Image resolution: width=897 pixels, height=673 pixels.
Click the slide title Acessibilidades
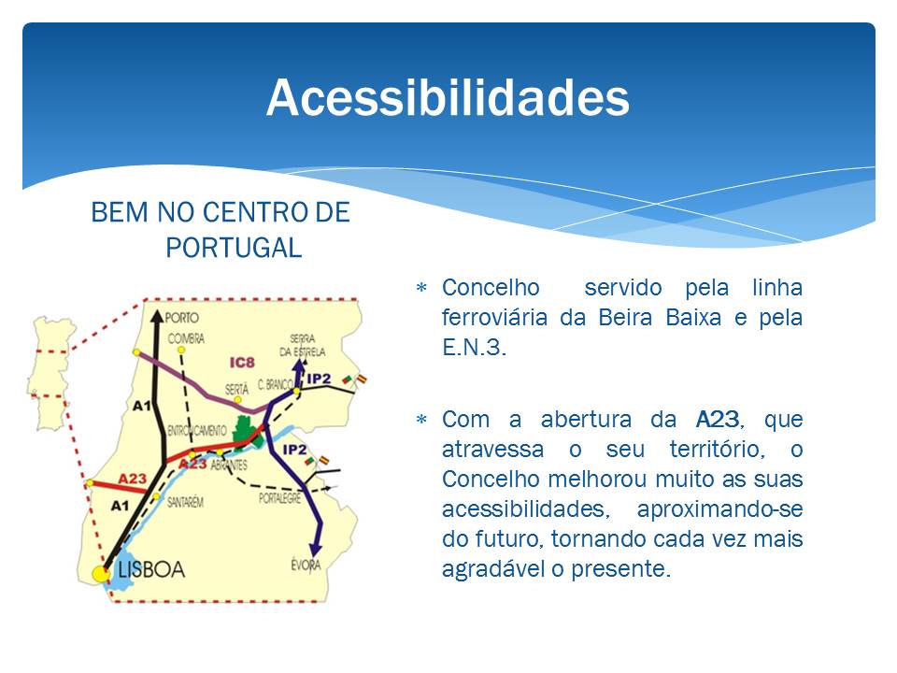click(x=448, y=98)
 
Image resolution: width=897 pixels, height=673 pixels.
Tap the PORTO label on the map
click(x=182, y=318)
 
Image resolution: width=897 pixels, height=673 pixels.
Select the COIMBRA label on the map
click(x=186, y=338)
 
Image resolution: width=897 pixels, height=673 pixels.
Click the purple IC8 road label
click(x=242, y=363)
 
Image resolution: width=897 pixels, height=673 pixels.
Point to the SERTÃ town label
click(x=236, y=389)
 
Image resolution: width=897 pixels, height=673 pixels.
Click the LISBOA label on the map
click(x=151, y=569)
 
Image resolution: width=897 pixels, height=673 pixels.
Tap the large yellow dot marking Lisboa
click(x=101, y=573)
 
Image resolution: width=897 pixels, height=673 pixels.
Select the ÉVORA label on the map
click(x=306, y=565)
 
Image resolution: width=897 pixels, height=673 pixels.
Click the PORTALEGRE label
click(x=279, y=498)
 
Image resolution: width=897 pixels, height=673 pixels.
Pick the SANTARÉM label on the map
click(x=185, y=503)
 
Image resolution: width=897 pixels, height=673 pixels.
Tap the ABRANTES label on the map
click(x=229, y=465)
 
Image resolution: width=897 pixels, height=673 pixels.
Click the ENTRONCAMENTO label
click(x=197, y=430)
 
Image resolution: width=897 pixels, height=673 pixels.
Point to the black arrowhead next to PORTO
click(x=157, y=317)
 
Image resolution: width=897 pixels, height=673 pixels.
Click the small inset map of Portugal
click(x=50, y=373)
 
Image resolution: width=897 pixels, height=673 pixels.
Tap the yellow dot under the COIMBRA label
click(x=180, y=350)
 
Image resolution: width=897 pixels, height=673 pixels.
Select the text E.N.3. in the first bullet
click(x=474, y=348)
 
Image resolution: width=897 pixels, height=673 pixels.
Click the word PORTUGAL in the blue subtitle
click(x=234, y=248)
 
